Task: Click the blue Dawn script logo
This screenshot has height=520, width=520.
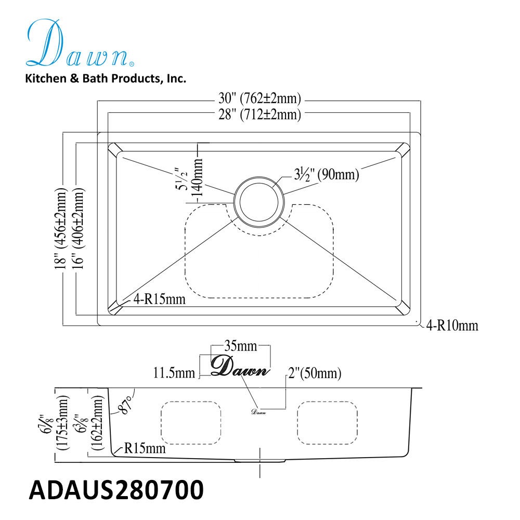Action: (x=80, y=43)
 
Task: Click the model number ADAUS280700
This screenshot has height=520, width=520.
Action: (x=116, y=490)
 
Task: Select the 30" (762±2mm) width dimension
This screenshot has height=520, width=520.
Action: (x=259, y=98)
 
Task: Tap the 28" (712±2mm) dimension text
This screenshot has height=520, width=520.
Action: (x=259, y=114)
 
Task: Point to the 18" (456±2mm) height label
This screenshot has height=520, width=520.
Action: (x=61, y=229)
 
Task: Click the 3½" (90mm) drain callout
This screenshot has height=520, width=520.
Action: (x=327, y=174)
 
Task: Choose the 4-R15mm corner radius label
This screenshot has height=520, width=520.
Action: (x=159, y=300)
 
